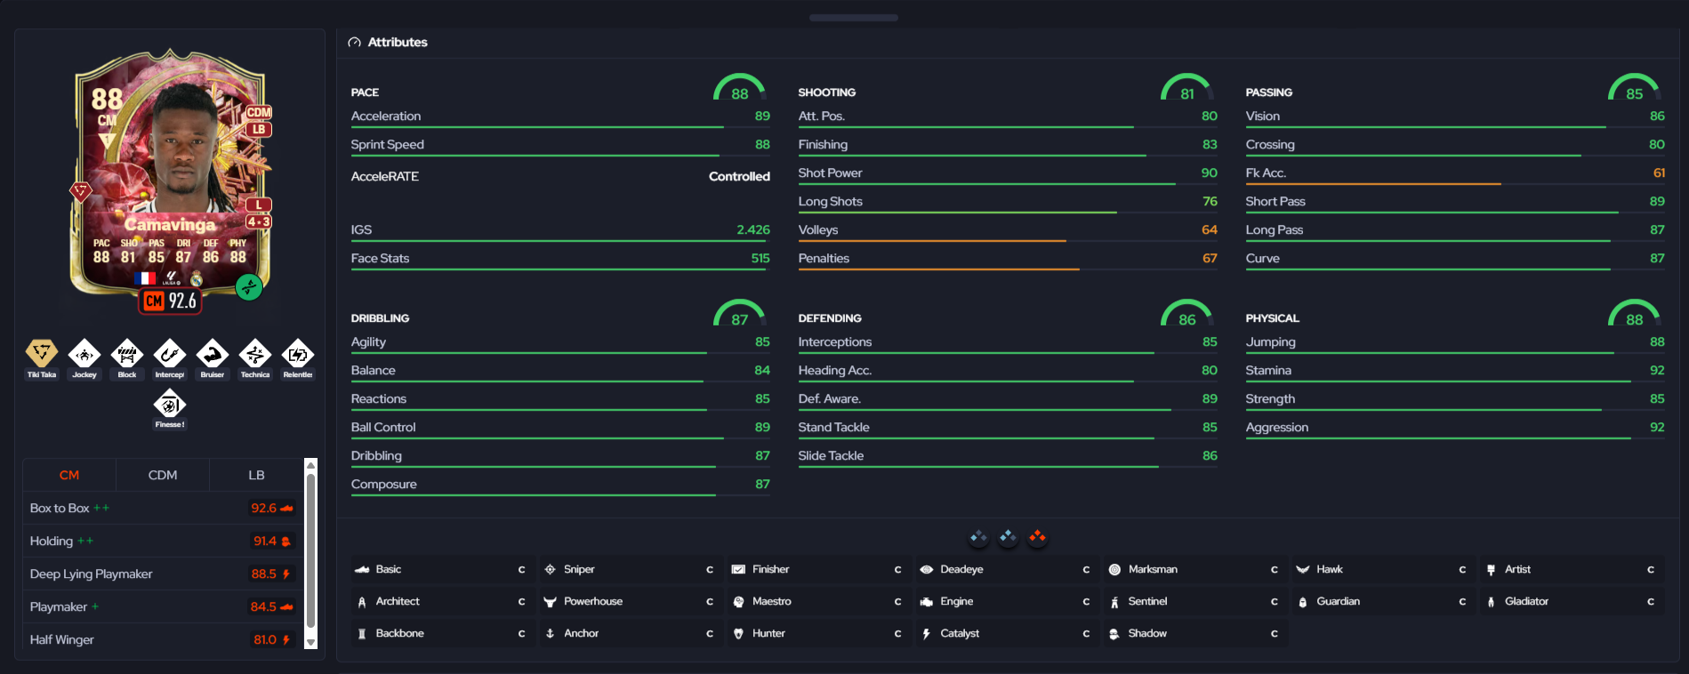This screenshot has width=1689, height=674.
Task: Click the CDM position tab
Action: (x=163, y=475)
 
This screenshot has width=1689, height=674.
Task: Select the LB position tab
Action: (x=256, y=475)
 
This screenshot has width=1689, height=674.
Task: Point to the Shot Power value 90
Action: (x=1209, y=173)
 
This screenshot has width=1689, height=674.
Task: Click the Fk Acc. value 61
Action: (x=1659, y=173)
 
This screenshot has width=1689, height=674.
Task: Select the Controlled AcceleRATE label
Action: (x=739, y=176)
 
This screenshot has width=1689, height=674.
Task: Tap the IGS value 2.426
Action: (x=753, y=229)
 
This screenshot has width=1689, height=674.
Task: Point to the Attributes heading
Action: (x=398, y=42)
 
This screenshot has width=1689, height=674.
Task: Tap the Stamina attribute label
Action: (x=1268, y=370)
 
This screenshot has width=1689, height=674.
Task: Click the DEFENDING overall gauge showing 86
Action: (x=1186, y=312)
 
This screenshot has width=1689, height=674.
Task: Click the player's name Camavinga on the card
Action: (x=170, y=224)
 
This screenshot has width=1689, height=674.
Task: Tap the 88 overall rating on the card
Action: (x=107, y=99)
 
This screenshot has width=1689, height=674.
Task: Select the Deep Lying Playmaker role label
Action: (x=91, y=574)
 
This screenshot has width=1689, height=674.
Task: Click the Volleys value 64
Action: (x=1210, y=229)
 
